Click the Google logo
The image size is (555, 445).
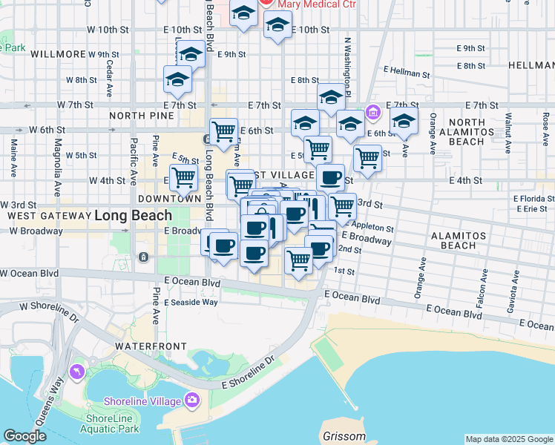pos(24,436)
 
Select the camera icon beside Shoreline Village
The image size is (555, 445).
pos(193,400)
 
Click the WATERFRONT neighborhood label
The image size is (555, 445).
pos(145,346)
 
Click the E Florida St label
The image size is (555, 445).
pos(530,199)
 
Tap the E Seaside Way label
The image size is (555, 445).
pos(191,302)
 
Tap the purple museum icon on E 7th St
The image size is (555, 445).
pos(372,113)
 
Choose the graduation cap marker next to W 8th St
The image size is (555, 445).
pos(178,80)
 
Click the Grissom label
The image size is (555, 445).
pos(345,436)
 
